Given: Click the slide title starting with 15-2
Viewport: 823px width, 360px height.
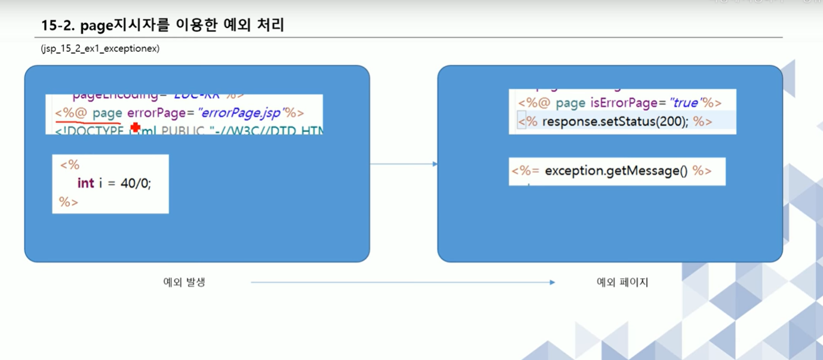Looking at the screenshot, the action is point(162,25).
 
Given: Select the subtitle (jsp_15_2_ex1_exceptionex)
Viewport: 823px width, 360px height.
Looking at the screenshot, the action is point(100,49).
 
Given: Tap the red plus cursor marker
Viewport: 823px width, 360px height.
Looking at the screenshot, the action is point(136,127).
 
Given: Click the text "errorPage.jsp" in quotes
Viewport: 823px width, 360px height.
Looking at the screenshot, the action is point(241,113).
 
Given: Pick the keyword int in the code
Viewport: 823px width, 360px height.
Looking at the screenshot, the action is point(85,183).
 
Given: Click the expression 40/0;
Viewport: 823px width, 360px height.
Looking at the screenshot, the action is point(136,183).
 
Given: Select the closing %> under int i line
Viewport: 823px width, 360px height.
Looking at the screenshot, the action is point(69,202).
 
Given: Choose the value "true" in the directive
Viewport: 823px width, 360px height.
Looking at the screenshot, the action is point(685,103).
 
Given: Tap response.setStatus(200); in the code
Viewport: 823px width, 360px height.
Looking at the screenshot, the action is point(615,122).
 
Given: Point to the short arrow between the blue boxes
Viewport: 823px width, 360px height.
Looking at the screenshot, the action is point(404,164).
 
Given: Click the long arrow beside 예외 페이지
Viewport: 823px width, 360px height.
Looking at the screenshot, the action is point(403,282).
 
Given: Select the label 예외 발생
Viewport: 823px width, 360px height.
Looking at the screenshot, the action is point(184,282).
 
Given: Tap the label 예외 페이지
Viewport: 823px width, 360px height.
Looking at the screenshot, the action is point(622,282).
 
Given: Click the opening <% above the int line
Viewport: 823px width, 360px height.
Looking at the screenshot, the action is point(70,165).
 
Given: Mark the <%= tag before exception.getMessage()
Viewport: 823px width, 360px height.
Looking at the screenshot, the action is point(526,171).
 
